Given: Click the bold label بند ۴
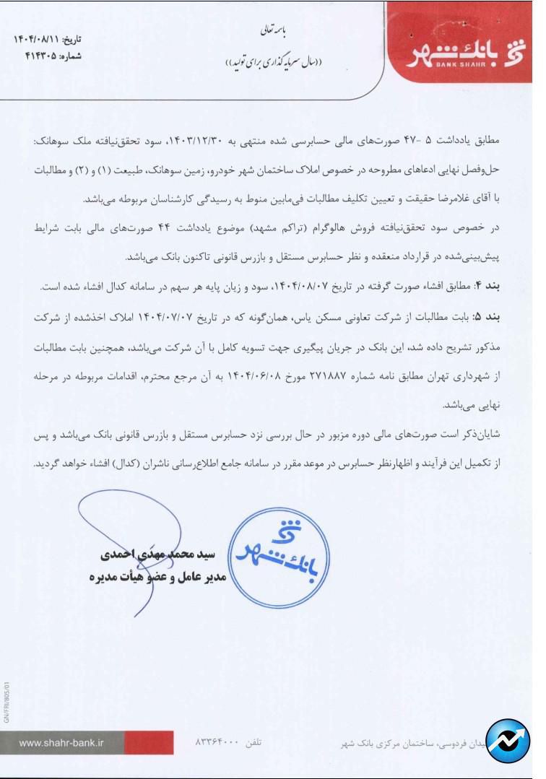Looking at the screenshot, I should point(508,287).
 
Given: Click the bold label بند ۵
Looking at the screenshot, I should point(508,316).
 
